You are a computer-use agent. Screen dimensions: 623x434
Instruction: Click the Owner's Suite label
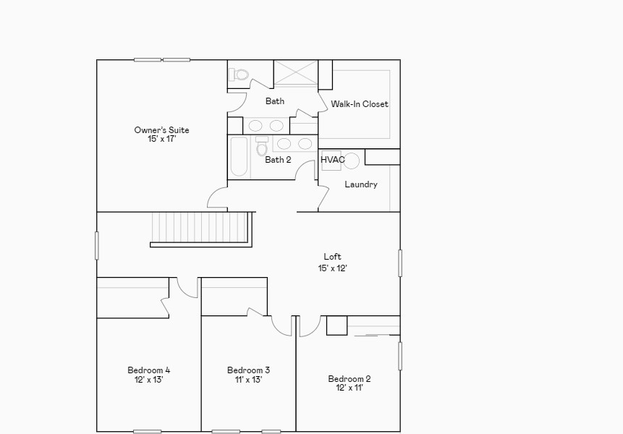tap(161, 130)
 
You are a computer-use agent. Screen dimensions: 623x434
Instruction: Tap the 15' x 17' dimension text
tap(161, 139)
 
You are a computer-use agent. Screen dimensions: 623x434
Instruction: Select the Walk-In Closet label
tap(360, 104)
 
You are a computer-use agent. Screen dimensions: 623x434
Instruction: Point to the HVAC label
tap(333, 160)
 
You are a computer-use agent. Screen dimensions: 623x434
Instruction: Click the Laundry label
tap(361, 184)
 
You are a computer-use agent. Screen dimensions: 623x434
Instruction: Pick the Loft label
tap(332, 257)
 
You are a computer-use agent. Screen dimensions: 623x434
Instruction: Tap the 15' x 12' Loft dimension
tap(333, 268)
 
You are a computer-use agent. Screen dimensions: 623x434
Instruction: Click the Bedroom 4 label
tap(148, 370)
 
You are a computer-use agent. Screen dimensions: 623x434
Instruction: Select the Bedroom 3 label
tap(248, 370)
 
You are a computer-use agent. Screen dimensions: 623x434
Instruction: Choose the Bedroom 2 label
tap(349, 379)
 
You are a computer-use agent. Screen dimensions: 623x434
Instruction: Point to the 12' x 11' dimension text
tap(349, 388)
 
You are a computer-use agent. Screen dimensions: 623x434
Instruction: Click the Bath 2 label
tap(278, 160)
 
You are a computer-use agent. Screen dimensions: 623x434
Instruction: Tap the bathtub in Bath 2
tap(239, 156)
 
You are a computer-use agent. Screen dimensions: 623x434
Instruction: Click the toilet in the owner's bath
tap(239, 75)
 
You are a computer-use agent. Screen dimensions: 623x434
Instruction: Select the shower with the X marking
tap(296, 72)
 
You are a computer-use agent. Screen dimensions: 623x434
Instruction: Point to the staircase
tap(201, 229)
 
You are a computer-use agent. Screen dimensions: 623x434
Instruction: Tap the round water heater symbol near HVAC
tap(351, 161)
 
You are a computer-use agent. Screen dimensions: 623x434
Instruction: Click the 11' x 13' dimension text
tap(248, 379)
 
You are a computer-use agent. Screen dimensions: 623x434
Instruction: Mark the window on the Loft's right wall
tap(400, 263)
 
